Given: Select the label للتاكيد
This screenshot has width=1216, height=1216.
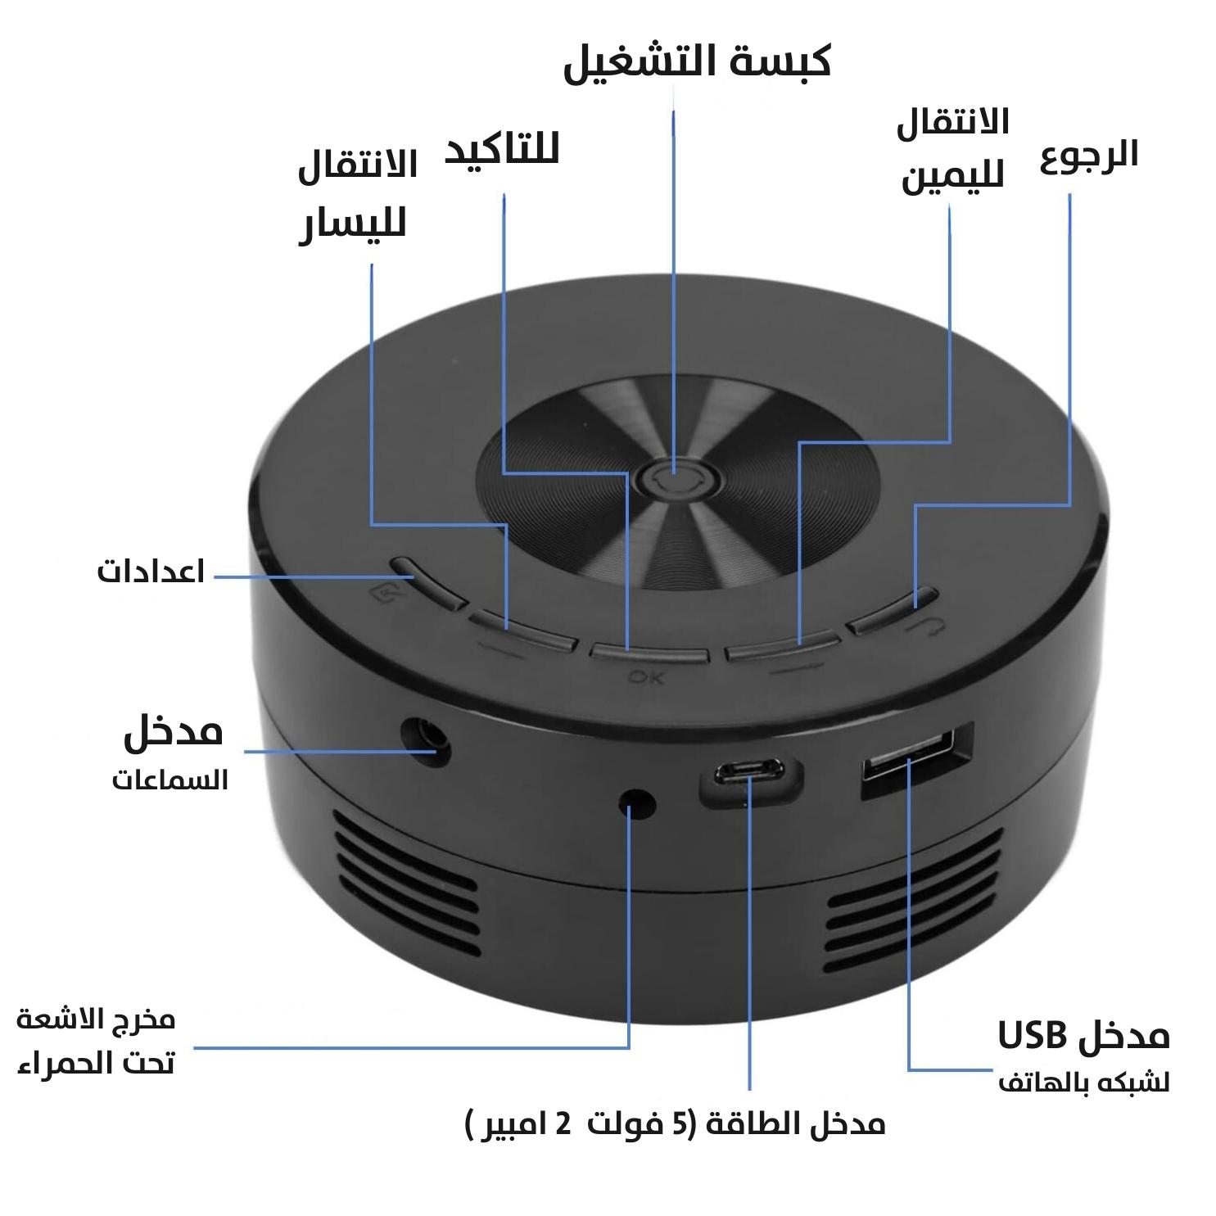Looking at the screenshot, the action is point(501,151).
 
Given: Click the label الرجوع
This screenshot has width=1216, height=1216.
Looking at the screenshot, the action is point(1089,155).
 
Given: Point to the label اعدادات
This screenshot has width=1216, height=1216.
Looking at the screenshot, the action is point(151,571).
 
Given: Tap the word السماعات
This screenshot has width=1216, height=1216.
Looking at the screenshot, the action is point(170,780).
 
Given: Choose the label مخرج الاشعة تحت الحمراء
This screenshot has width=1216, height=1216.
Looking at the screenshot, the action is point(96,1042).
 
